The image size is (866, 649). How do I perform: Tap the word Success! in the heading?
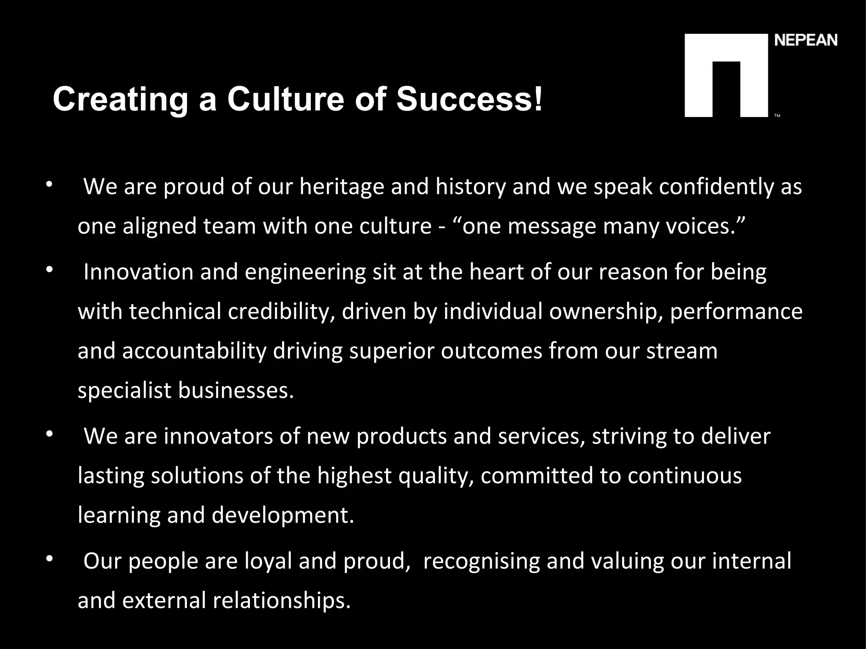point(469,100)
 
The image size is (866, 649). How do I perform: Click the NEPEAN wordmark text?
point(806,41)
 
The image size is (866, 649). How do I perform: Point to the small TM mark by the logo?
point(777,115)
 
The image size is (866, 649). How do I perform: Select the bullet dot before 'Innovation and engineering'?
point(49,269)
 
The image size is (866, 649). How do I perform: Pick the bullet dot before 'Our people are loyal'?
point(49,559)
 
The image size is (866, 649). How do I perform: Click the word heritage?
point(342,187)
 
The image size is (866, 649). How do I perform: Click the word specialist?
point(125,390)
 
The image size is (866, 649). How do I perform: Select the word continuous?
point(685,476)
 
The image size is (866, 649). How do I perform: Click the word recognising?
point(482,562)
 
